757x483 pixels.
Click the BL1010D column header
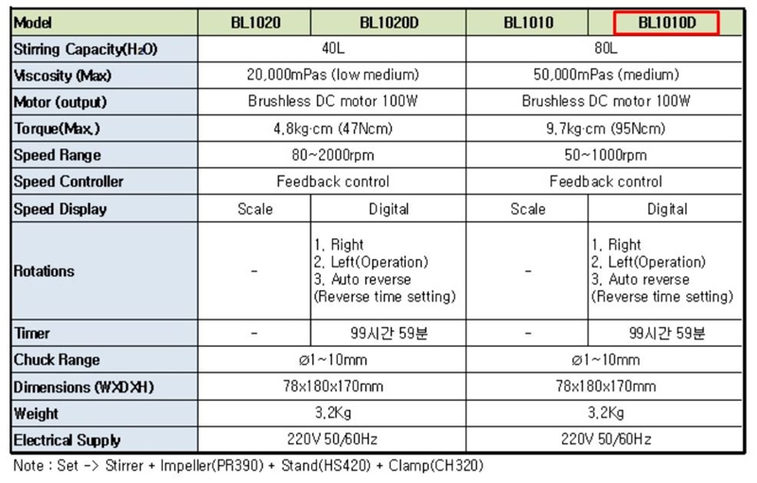(x=666, y=22)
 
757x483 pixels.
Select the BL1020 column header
(x=255, y=22)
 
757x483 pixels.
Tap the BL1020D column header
(x=389, y=22)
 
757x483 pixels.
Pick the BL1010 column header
(x=528, y=22)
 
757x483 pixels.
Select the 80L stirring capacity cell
(x=607, y=48)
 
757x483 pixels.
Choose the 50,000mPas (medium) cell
(x=607, y=75)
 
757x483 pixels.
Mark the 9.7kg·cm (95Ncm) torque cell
(x=607, y=129)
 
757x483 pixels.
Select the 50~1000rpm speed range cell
(x=607, y=155)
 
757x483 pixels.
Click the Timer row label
(x=32, y=334)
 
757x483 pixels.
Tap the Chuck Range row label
(x=57, y=360)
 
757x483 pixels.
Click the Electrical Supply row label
(x=67, y=440)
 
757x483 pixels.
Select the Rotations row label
(x=44, y=271)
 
